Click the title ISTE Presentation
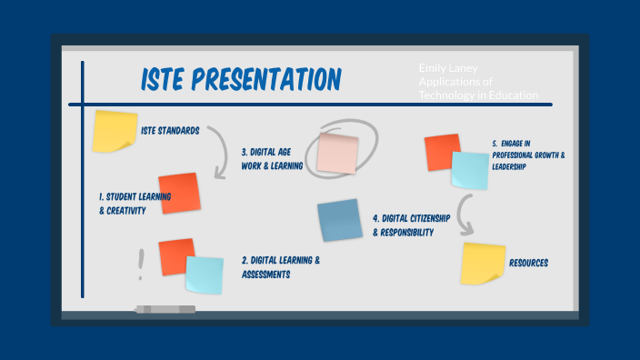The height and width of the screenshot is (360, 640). click(x=240, y=80)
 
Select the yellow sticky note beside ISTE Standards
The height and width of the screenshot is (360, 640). click(x=115, y=131)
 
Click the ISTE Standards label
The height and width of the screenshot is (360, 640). click(x=170, y=130)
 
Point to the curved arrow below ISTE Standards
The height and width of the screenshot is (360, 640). click(x=218, y=152)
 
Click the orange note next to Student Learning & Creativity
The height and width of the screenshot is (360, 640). click(x=178, y=193)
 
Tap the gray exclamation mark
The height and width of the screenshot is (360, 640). click(x=141, y=264)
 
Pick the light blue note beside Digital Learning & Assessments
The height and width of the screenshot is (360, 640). click(x=205, y=275)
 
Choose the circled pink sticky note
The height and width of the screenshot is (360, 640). click(x=336, y=151)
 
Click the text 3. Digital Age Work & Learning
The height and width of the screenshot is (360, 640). click(x=274, y=159)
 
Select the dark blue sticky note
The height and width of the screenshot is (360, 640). click(x=341, y=221)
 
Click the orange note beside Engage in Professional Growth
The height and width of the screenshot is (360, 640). click(x=442, y=151)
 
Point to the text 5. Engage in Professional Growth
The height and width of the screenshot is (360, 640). click(x=527, y=155)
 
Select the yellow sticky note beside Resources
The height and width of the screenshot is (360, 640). click(x=483, y=264)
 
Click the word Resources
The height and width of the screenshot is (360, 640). click(x=528, y=263)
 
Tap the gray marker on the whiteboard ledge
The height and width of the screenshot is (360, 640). click(x=165, y=309)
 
